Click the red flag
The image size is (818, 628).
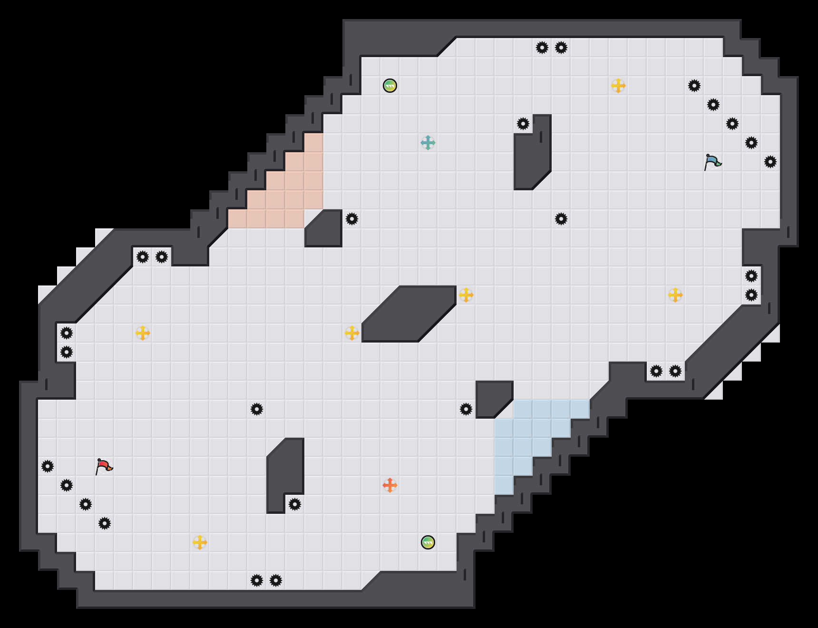[104, 466]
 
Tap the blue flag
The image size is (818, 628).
[712, 162]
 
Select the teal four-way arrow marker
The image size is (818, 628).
[428, 143]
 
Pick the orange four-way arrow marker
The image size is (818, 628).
[390, 485]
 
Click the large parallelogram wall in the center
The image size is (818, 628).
[409, 314]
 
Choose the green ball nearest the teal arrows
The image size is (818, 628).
[390, 86]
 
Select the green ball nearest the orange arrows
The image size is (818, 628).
[428, 542]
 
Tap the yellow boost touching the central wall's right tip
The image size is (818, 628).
[466, 295]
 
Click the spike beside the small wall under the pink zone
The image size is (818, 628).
[352, 219]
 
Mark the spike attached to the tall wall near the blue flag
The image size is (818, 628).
[523, 124]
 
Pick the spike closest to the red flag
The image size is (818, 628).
[67, 485]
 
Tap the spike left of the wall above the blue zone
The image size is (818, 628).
[466, 409]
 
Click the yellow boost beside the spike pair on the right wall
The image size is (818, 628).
[675, 295]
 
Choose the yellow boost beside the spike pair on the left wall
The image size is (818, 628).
[143, 333]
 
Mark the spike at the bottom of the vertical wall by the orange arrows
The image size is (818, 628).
[295, 504]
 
